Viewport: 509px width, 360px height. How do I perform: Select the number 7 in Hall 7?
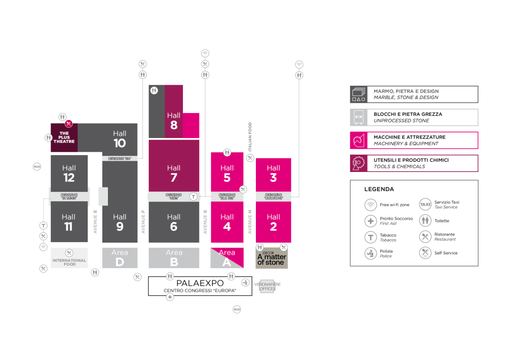[x=173, y=178]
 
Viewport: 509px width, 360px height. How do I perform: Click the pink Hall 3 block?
[x=273, y=174]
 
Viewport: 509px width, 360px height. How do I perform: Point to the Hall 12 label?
[x=69, y=173]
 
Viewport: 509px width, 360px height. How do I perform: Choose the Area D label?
[x=120, y=258]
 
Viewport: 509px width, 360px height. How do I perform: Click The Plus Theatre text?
[x=64, y=138]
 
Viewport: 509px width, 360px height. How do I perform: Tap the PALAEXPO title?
[x=200, y=283]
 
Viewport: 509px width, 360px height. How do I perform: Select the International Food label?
[x=69, y=262]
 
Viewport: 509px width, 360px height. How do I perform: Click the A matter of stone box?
[x=271, y=258]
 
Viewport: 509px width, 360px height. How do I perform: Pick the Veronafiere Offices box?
[x=268, y=286]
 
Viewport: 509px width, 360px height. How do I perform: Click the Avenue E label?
[x=95, y=221]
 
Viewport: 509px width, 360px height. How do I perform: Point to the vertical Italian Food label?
[x=250, y=137]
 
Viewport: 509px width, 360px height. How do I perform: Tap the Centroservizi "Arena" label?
[x=173, y=196]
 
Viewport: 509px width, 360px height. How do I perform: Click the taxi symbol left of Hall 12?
[x=37, y=166]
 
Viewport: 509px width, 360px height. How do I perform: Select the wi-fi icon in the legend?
[x=371, y=205]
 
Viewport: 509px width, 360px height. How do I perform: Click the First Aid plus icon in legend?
[x=371, y=221]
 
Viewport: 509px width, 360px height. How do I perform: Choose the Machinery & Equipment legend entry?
[x=414, y=140]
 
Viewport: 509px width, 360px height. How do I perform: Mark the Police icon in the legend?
[x=371, y=254]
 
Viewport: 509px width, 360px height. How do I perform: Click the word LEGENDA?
[x=379, y=189]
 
